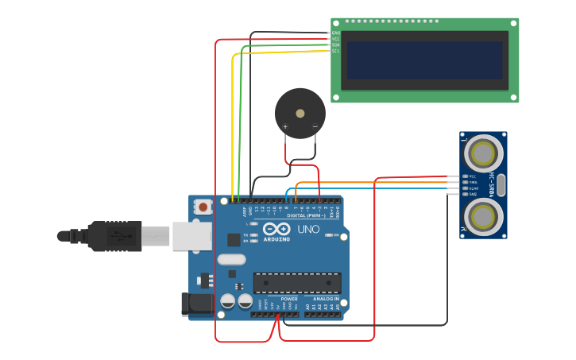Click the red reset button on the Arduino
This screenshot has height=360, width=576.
[203, 207]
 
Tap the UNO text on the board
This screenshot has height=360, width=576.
[308, 230]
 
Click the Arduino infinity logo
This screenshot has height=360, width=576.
[276, 229]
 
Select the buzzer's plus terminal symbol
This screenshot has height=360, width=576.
[285, 126]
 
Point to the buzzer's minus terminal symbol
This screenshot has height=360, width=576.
[315, 126]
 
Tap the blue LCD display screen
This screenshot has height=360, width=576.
[424, 60]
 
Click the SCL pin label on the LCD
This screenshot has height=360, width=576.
[335, 51]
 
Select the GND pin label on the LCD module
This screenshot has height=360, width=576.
[335, 33]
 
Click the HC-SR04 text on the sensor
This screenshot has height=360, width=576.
[493, 184]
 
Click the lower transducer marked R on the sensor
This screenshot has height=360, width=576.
[483, 215]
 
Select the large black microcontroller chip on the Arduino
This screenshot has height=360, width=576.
[297, 283]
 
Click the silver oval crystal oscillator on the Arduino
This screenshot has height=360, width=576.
[231, 259]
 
